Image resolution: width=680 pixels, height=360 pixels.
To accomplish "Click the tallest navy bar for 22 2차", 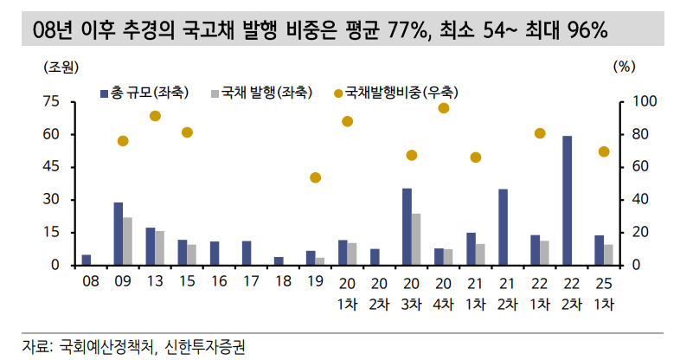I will click(567, 200).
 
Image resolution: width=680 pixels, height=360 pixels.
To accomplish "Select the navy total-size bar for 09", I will click(118, 234).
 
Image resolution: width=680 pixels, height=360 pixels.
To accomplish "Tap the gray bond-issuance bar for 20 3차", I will click(416, 239).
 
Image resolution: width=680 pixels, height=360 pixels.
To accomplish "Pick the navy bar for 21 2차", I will click(503, 227).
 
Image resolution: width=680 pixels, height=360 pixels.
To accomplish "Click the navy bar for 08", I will click(87, 260).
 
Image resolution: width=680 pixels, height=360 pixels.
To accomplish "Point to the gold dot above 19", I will click(316, 177).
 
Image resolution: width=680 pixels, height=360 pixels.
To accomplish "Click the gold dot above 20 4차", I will click(444, 108).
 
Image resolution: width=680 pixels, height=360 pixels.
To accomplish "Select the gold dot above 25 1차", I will click(604, 151).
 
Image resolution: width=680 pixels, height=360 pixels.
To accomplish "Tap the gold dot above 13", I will click(155, 116).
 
